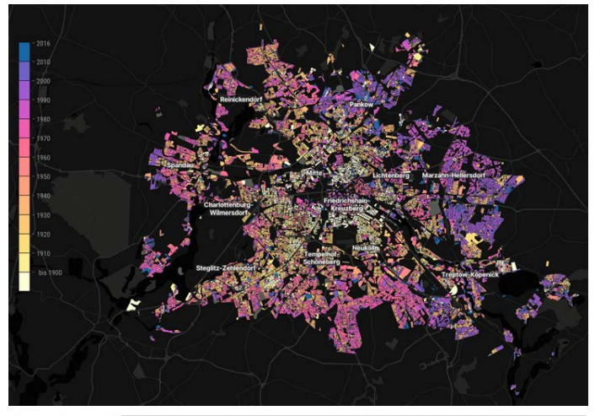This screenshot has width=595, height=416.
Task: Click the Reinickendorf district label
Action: click(x=241, y=99)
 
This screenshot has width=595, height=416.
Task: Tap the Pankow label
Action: click(x=362, y=105)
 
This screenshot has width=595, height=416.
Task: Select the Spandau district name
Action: click(x=180, y=165)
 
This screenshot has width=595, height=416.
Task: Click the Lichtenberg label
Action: click(x=391, y=175)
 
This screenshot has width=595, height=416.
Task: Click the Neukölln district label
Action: click(x=365, y=247)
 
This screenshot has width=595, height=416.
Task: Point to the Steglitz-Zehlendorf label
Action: click(x=226, y=267)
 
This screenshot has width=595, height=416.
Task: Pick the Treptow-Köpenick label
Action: click(x=470, y=275)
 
